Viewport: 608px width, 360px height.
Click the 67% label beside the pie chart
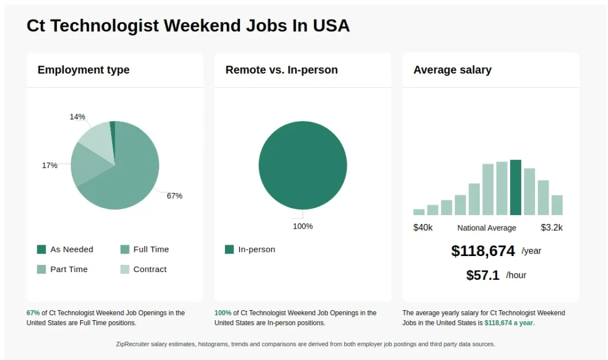[174, 196]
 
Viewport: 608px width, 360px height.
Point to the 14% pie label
[77, 117]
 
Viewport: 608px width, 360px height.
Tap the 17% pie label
[49, 166]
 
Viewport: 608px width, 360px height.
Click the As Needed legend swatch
[42, 250]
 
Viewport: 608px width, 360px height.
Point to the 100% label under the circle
[303, 226]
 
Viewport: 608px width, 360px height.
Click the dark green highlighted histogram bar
[515, 187]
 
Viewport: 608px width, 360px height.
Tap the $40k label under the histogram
[423, 228]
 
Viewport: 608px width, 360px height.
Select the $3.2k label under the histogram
[552, 228]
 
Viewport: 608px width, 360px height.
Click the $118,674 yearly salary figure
[483, 251]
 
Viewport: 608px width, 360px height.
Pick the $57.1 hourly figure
[483, 276]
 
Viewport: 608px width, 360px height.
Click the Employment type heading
[83, 70]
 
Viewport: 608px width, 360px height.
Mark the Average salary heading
[452, 70]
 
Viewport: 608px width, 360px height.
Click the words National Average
[487, 228]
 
